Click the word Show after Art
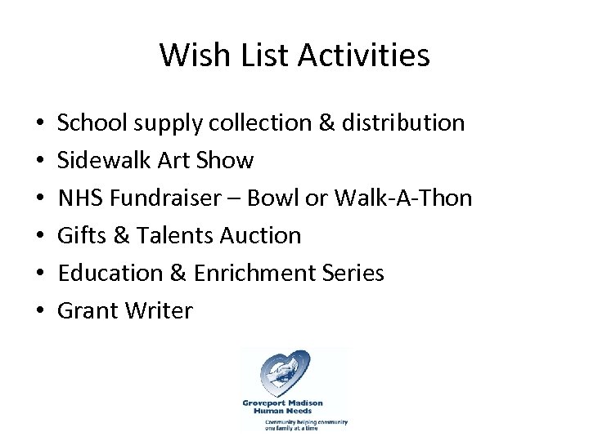[x=227, y=161]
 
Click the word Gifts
[x=79, y=236]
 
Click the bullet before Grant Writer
[x=40, y=312]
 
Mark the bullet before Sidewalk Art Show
[x=40, y=162]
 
